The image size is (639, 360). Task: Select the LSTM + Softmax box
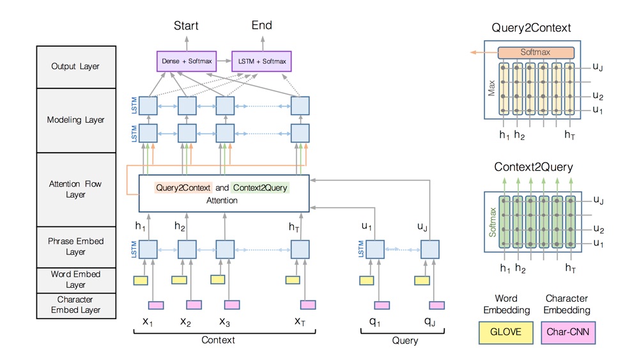coord(261,61)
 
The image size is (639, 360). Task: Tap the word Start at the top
coord(186,26)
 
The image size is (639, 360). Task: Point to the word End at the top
coord(262,26)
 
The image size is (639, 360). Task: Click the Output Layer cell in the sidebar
coord(75,67)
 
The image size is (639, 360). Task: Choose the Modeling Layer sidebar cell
coord(75,120)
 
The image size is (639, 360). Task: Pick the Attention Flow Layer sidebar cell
coord(75,189)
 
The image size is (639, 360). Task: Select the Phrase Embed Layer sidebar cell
coord(75,247)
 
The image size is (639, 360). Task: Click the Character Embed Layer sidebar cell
coord(75,304)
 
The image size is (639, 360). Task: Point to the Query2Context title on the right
coord(531,28)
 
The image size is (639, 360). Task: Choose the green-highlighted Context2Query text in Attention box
coord(259,188)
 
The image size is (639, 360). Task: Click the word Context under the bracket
coord(218,340)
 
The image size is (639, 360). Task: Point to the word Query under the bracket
coord(404,341)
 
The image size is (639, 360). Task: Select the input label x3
coord(224,322)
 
